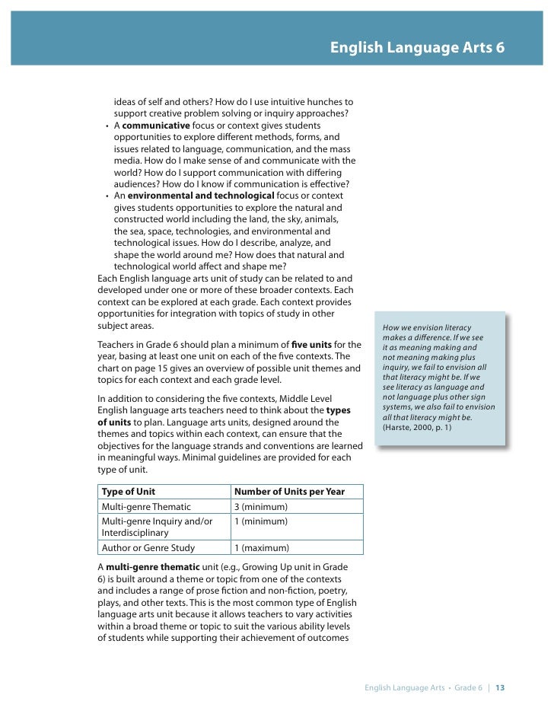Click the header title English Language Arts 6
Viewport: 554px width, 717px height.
[x=417, y=48]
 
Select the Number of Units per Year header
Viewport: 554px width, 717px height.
[x=288, y=492]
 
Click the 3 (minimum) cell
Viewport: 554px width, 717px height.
[x=259, y=507]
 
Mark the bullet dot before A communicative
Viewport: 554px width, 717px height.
[x=107, y=126]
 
